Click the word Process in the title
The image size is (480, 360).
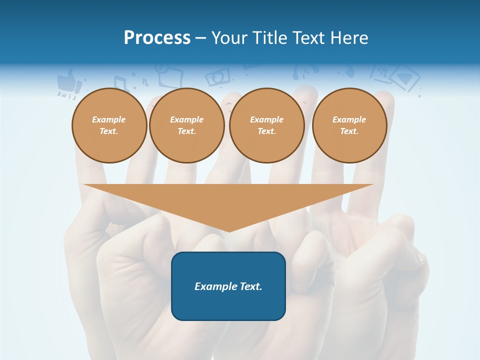(x=157, y=38)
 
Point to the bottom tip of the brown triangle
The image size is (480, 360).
(x=228, y=231)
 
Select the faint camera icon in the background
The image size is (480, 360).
(x=218, y=76)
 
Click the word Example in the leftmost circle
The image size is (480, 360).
(x=109, y=119)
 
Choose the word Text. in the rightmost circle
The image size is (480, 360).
(x=349, y=131)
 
